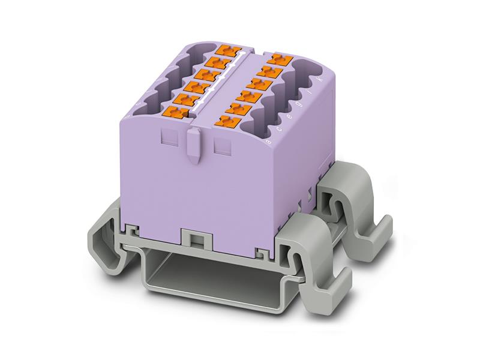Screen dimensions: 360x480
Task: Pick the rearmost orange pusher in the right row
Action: (278, 59)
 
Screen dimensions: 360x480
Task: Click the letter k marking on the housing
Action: (319, 79)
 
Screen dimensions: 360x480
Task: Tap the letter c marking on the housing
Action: (279, 128)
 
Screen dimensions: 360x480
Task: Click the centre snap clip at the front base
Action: (193, 239)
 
